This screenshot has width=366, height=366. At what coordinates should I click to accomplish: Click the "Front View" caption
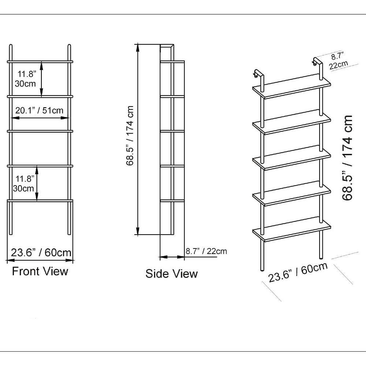click(40, 271)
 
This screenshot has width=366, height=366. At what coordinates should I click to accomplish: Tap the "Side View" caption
click(172, 273)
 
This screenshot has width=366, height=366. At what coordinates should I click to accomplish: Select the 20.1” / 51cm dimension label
click(40, 110)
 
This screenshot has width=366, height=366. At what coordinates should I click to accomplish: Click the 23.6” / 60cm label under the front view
click(41, 253)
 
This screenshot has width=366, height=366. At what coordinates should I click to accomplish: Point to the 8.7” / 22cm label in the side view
click(206, 251)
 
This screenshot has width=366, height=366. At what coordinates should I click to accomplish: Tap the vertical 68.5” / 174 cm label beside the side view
click(130, 136)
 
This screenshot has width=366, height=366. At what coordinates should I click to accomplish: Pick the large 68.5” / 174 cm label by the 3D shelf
click(347, 158)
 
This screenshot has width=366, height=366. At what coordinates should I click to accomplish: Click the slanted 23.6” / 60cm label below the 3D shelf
click(298, 272)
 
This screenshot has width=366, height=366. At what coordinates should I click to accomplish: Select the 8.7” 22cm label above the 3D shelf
click(338, 61)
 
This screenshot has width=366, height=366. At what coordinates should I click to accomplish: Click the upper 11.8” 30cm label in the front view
click(26, 79)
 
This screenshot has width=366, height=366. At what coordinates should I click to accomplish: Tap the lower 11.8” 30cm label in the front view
click(23, 184)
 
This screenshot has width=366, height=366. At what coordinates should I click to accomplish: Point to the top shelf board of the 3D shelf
click(292, 87)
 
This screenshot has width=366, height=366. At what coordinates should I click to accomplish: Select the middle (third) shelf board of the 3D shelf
click(292, 158)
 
